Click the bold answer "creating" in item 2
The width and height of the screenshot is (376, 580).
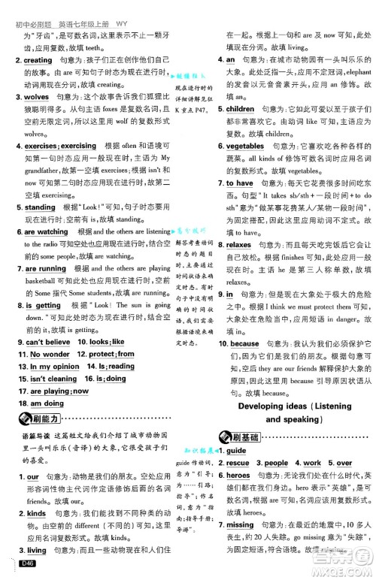[38, 59]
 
